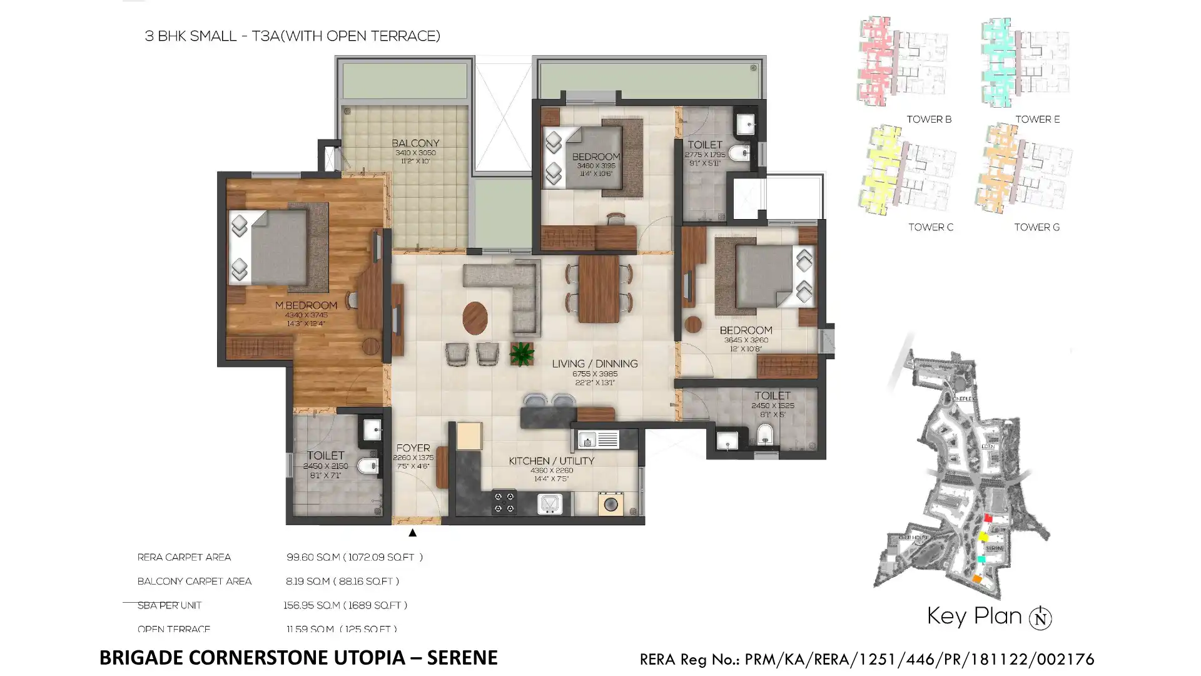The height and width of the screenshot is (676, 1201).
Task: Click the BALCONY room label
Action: (415, 143)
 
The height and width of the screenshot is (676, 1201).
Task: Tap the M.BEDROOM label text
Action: (306, 305)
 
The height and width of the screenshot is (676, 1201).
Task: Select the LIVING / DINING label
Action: (594, 364)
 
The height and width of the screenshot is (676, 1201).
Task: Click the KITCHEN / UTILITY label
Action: (551, 461)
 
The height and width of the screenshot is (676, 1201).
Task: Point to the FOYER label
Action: (413, 448)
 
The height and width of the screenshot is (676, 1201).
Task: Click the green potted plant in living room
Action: (521, 354)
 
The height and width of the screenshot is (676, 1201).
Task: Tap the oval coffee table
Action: (475, 318)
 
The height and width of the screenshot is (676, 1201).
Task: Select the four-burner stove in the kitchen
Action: (504, 502)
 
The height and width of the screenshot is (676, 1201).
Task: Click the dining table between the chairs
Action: (599, 289)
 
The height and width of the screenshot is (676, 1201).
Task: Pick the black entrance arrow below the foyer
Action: (412, 533)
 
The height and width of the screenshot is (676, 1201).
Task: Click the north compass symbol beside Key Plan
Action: (1040, 618)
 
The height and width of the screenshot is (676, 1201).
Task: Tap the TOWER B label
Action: (929, 120)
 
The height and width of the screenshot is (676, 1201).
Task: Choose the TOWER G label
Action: (1036, 227)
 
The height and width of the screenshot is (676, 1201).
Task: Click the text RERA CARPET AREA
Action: (184, 557)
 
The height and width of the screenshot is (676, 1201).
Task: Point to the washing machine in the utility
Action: (611, 504)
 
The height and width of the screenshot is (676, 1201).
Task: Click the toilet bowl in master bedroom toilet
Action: (367, 466)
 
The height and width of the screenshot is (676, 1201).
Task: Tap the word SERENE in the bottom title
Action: (462, 658)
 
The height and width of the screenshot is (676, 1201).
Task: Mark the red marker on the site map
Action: (988, 518)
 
